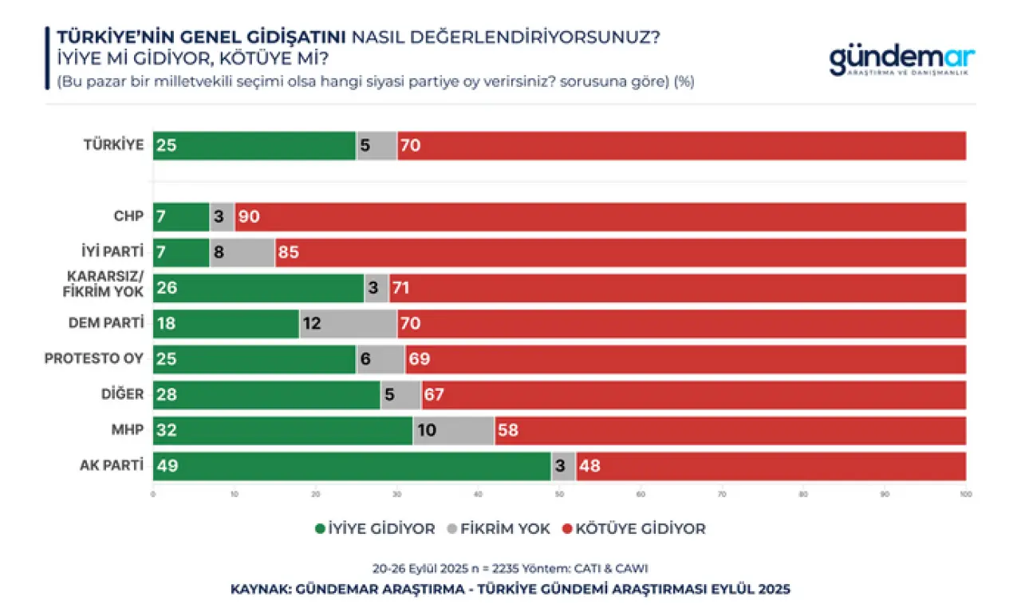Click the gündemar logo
tap(901, 61)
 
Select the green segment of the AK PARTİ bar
tap(351, 466)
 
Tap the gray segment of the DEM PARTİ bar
tap(349, 324)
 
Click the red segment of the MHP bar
tap(730, 430)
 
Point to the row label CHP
tap(128, 216)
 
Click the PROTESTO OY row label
tap(94, 359)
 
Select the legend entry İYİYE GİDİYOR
tap(376, 528)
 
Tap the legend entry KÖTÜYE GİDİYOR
tap(634, 528)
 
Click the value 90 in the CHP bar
tap(249, 217)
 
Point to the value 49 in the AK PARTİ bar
tap(167, 466)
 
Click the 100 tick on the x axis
tap(965, 495)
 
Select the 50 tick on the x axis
tap(559, 495)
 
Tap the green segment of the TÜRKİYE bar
tap(254, 145)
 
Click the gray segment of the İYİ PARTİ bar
tap(242, 252)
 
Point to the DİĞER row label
tap(124, 394)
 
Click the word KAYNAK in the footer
tap(259, 590)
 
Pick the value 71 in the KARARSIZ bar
tap(400, 288)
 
